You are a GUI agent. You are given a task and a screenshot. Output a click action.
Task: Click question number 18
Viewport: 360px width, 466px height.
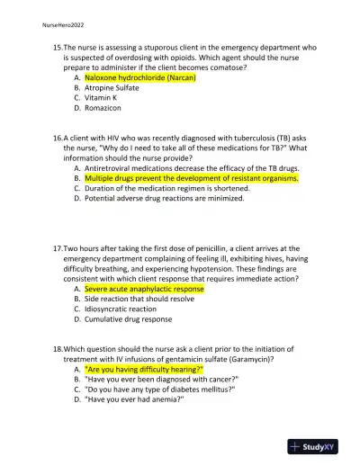coord(57,348)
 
